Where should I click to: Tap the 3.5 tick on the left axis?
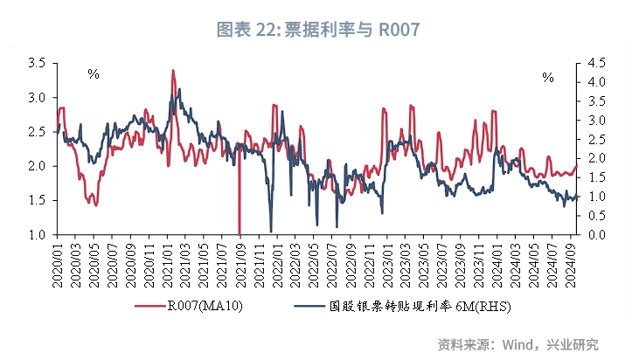pos(37,63)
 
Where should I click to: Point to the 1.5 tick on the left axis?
pos(37,200)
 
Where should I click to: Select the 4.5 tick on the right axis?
pos(594,63)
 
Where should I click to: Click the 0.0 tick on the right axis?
pos(594,234)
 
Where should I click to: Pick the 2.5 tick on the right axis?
pos(594,139)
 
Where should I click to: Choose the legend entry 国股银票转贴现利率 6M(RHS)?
pos(420,307)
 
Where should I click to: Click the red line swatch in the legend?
pos(150,307)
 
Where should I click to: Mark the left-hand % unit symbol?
pos(94,74)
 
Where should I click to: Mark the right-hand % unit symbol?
pos(548,78)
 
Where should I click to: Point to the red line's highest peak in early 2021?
pos(172,71)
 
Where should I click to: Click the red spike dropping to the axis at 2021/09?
pos(240,229)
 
